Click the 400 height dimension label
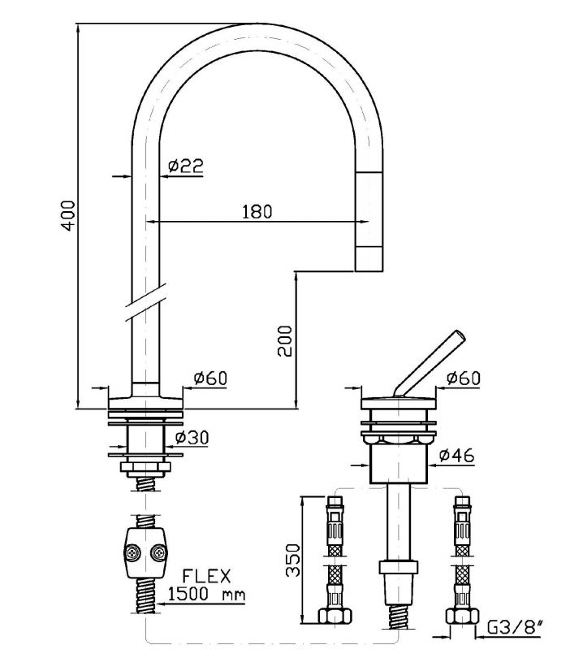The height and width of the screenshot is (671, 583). coord(69,214)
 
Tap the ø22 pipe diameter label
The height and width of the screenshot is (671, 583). coord(185,166)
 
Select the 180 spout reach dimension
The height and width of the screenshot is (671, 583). coord(257,211)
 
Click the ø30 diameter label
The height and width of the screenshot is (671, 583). coord(192,437)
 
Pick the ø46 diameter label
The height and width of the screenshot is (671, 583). coord(456,457)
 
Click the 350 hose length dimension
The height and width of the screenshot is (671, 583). coord(294,560)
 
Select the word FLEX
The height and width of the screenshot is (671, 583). coord(207,577)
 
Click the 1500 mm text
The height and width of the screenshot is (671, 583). coord(206,595)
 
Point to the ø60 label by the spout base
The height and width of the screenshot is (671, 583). coord(210,378)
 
